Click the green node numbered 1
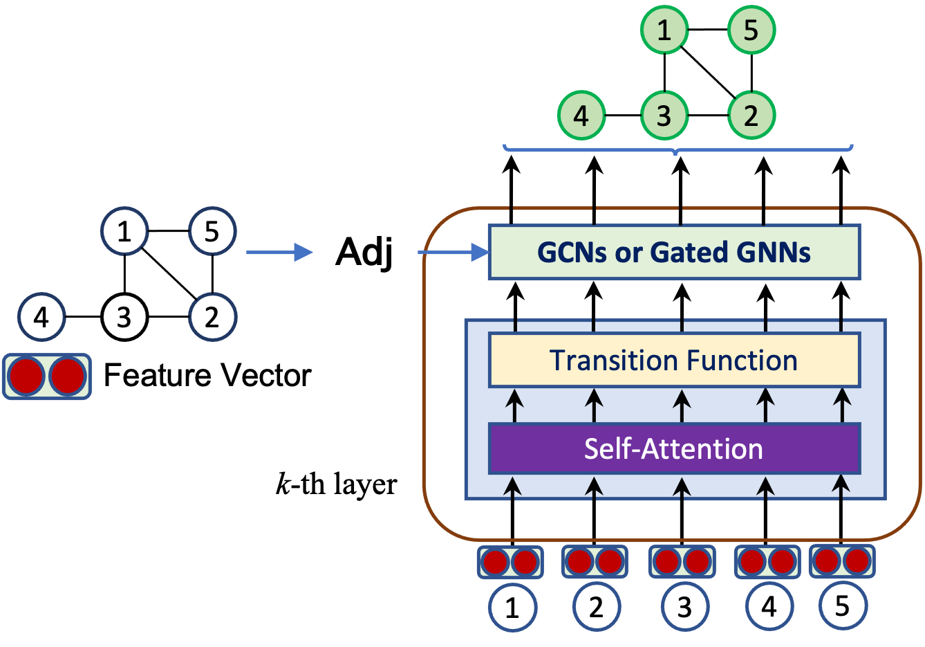664,30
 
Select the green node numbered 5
751,30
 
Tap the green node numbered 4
581,116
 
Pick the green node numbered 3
664,116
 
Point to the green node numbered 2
751,116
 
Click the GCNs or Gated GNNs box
674,252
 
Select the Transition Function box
674,361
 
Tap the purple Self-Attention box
674,448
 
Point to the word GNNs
774,252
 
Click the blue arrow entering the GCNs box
454,253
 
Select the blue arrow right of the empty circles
279,253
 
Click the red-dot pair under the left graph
47,376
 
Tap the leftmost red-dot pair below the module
510,562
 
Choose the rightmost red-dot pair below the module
842,561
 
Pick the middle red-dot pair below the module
682,562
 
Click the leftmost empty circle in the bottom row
513,608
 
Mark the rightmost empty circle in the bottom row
843,606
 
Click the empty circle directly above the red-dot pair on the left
41,317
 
